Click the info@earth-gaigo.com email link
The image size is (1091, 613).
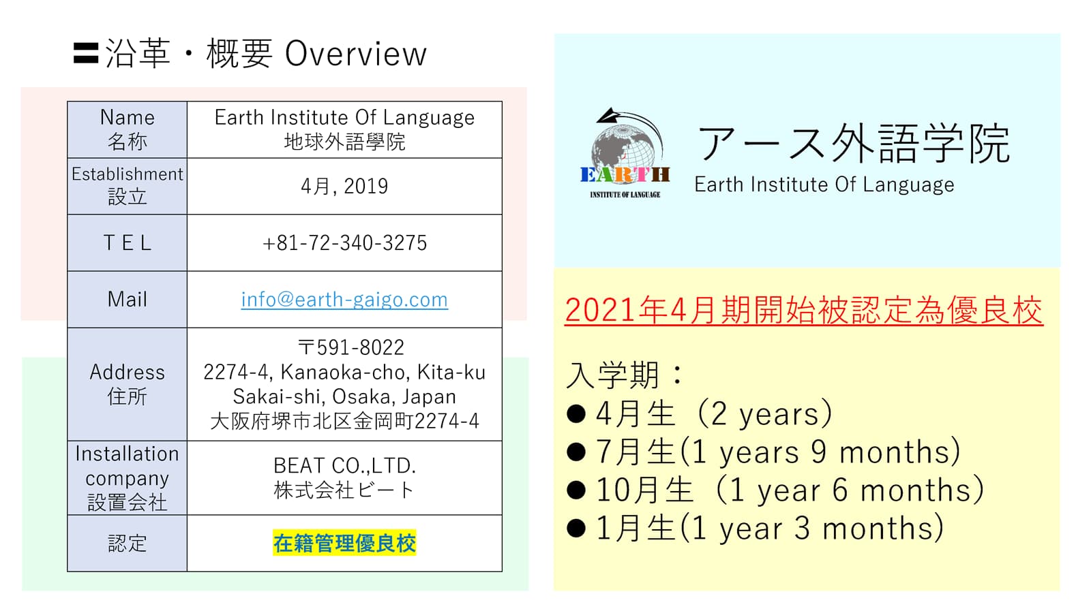pos(344,300)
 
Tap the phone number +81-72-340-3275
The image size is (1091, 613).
pos(344,242)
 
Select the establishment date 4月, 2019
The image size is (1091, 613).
pos(344,187)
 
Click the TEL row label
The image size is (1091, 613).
pos(127,242)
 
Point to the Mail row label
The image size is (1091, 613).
pos(127,299)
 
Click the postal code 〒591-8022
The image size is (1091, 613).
pos(350,347)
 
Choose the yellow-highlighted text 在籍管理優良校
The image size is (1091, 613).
pos(344,543)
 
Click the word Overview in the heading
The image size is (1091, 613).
pos(355,54)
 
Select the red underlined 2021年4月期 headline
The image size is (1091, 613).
pos(804,311)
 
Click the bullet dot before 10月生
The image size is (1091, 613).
pos(576,490)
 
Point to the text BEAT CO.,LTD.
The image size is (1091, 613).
pos(344,466)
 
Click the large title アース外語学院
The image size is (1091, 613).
pos(853,144)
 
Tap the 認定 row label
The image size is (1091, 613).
pos(127,544)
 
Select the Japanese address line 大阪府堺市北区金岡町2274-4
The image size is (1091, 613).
pos(344,421)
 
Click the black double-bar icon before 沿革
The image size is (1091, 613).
pos(86,54)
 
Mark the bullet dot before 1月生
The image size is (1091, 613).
pos(576,529)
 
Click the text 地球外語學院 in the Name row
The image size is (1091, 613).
pos(344,142)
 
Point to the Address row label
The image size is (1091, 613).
pos(127,384)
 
